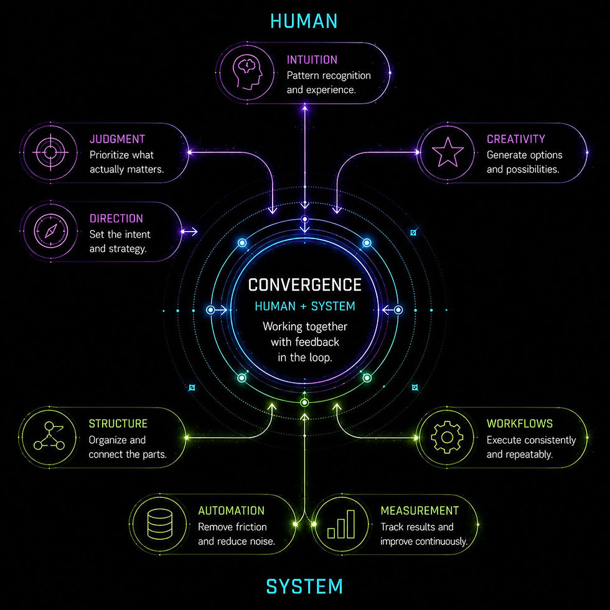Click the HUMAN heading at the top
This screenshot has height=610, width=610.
click(304, 21)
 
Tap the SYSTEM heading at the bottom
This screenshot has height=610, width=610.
click(304, 586)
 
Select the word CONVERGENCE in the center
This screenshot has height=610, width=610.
click(305, 285)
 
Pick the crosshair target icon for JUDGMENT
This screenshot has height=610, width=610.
click(50, 152)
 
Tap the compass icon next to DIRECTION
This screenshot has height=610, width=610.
click(50, 231)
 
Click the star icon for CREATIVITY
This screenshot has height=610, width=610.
click(448, 152)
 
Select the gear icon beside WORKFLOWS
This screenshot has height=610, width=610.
click(448, 437)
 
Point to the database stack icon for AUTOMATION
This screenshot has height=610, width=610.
click(160, 524)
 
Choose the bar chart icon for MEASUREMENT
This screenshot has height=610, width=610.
click(341, 524)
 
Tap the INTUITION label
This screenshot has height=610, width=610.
click(312, 60)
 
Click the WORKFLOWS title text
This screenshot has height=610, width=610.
click(519, 424)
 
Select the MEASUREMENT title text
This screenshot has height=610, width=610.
click(420, 511)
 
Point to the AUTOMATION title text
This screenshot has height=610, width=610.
click(231, 511)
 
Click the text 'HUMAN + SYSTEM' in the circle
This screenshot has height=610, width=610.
click(305, 306)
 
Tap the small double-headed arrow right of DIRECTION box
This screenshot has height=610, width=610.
click(189, 232)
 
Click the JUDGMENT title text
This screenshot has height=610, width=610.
click(117, 139)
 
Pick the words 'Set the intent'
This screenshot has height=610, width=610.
click(120, 234)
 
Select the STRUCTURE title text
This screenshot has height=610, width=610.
click(118, 424)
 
